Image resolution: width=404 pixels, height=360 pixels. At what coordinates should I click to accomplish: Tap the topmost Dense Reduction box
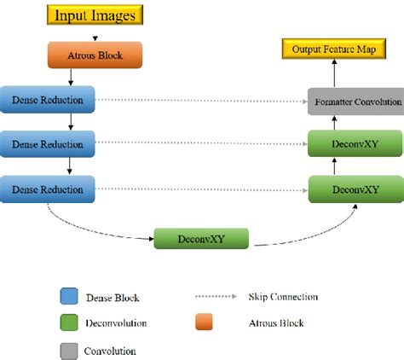coord(47,101)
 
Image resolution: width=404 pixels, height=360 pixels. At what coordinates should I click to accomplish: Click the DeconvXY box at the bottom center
coord(203,238)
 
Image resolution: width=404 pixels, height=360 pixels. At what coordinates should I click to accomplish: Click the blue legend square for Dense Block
coord(69,296)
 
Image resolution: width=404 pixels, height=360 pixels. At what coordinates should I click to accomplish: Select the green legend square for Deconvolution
coord(69,323)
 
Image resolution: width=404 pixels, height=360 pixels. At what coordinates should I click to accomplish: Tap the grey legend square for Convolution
coord(69,350)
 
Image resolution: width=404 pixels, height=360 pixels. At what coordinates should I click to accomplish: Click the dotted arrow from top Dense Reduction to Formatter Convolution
coord(200,101)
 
